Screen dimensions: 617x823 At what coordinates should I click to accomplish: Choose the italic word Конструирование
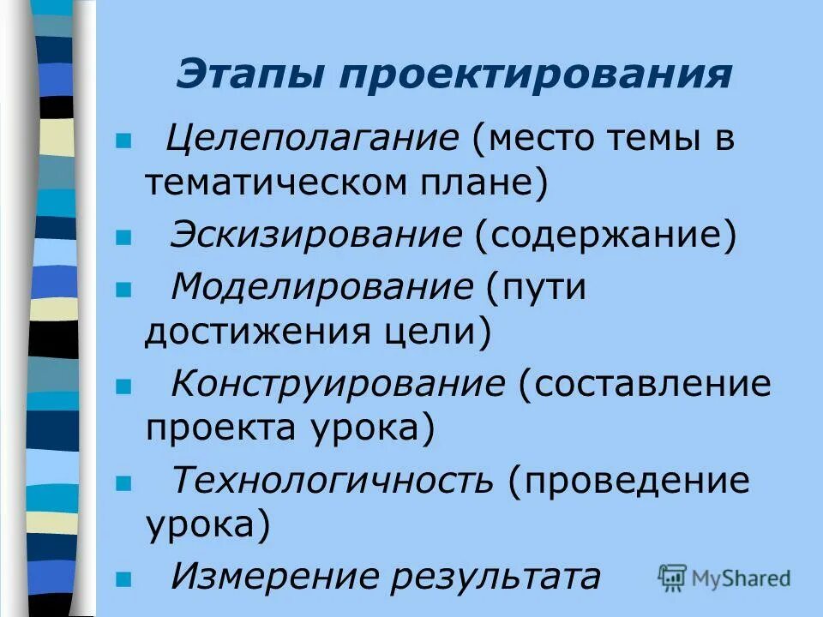point(338,384)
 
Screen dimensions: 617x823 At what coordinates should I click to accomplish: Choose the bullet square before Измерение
point(123,578)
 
